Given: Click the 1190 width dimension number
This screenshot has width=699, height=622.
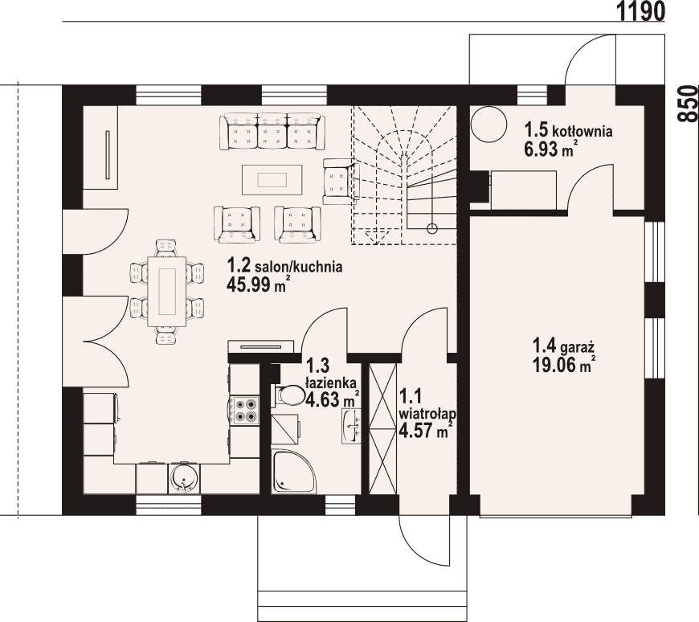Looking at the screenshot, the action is point(640,10).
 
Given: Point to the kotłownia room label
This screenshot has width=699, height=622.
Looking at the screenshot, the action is point(582,132).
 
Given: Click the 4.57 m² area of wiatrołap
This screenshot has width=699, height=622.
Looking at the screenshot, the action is point(426,432).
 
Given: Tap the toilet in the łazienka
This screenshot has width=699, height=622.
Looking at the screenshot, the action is point(289,395).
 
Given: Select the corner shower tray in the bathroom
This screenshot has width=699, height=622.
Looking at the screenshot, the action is point(294,472).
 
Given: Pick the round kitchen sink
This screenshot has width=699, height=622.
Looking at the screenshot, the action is point(183,478).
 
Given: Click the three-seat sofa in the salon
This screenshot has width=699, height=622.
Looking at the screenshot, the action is point(272,131).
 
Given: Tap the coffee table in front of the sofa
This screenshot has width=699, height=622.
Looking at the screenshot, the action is point(272,180).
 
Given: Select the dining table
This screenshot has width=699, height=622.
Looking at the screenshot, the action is point(167,291).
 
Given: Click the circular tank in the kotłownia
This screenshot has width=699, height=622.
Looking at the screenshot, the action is point(489,125).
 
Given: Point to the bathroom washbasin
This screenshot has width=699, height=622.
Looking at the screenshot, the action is point(352,426).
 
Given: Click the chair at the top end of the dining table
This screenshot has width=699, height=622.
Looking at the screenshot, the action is point(167,248).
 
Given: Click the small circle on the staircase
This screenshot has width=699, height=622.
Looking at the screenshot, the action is point(431,229).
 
